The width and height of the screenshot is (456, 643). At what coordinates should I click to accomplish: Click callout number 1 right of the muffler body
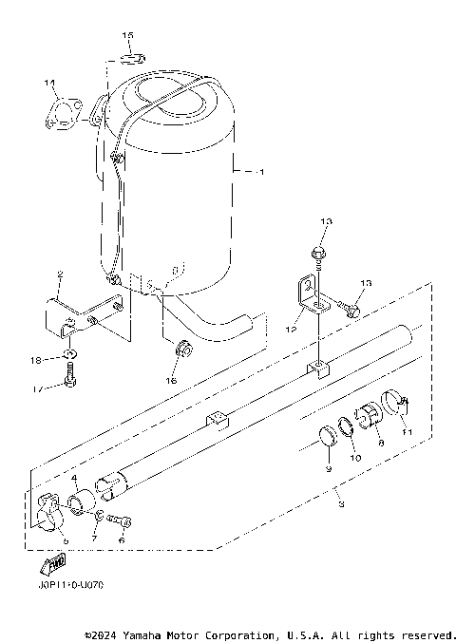click(263, 172)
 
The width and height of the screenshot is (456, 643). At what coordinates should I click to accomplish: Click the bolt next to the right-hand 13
click(351, 307)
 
